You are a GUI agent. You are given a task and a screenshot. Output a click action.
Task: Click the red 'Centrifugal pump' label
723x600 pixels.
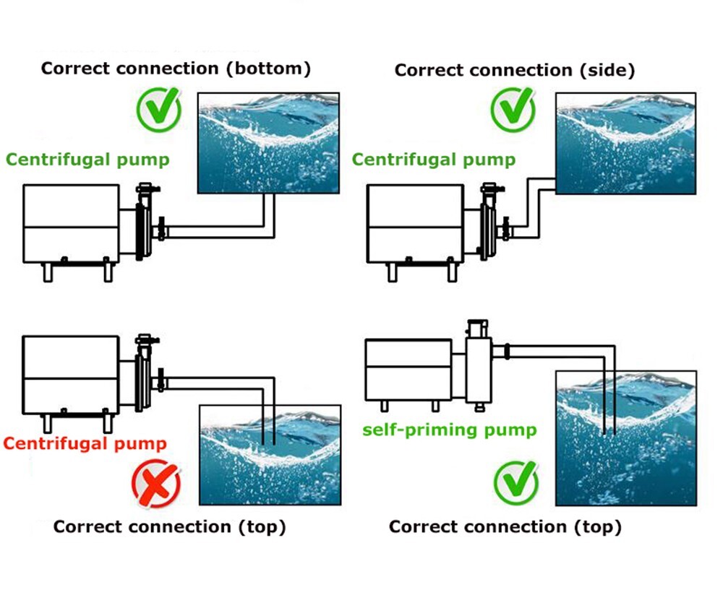click(x=85, y=443)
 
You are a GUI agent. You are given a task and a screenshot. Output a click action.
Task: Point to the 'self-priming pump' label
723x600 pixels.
click(x=449, y=430)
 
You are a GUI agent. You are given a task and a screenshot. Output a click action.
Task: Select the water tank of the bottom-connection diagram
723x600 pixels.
click(x=269, y=142)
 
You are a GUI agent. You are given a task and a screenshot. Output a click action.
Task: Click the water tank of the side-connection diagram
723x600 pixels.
click(x=625, y=142)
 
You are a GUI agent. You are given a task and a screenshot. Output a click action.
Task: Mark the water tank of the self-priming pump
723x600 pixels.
click(x=625, y=438)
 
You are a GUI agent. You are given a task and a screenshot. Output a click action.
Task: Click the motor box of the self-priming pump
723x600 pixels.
click(x=408, y=369)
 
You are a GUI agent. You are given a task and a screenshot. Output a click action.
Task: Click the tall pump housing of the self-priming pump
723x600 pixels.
click(x=478, y=368)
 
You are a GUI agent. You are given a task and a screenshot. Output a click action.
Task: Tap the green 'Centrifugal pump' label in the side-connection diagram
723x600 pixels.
click(x=434, y=160)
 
